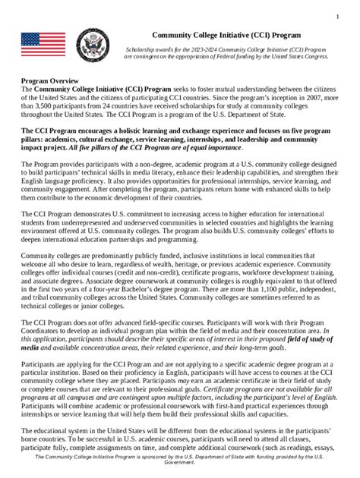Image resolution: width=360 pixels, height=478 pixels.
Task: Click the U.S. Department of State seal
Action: pyautogui.click(x=93, y=46)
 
